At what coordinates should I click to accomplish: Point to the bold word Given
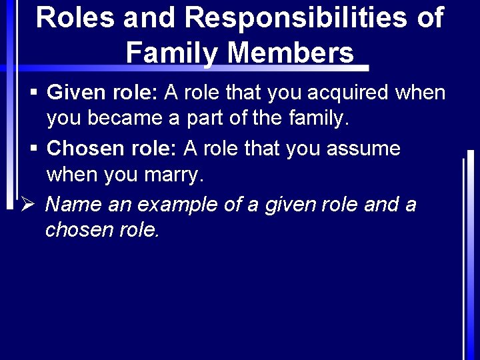point(74,93)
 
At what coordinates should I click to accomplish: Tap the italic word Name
point(73,204)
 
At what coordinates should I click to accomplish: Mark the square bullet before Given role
point(33,93)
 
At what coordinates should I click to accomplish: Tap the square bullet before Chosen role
point(33,149)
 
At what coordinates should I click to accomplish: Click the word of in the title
point(429,17)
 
